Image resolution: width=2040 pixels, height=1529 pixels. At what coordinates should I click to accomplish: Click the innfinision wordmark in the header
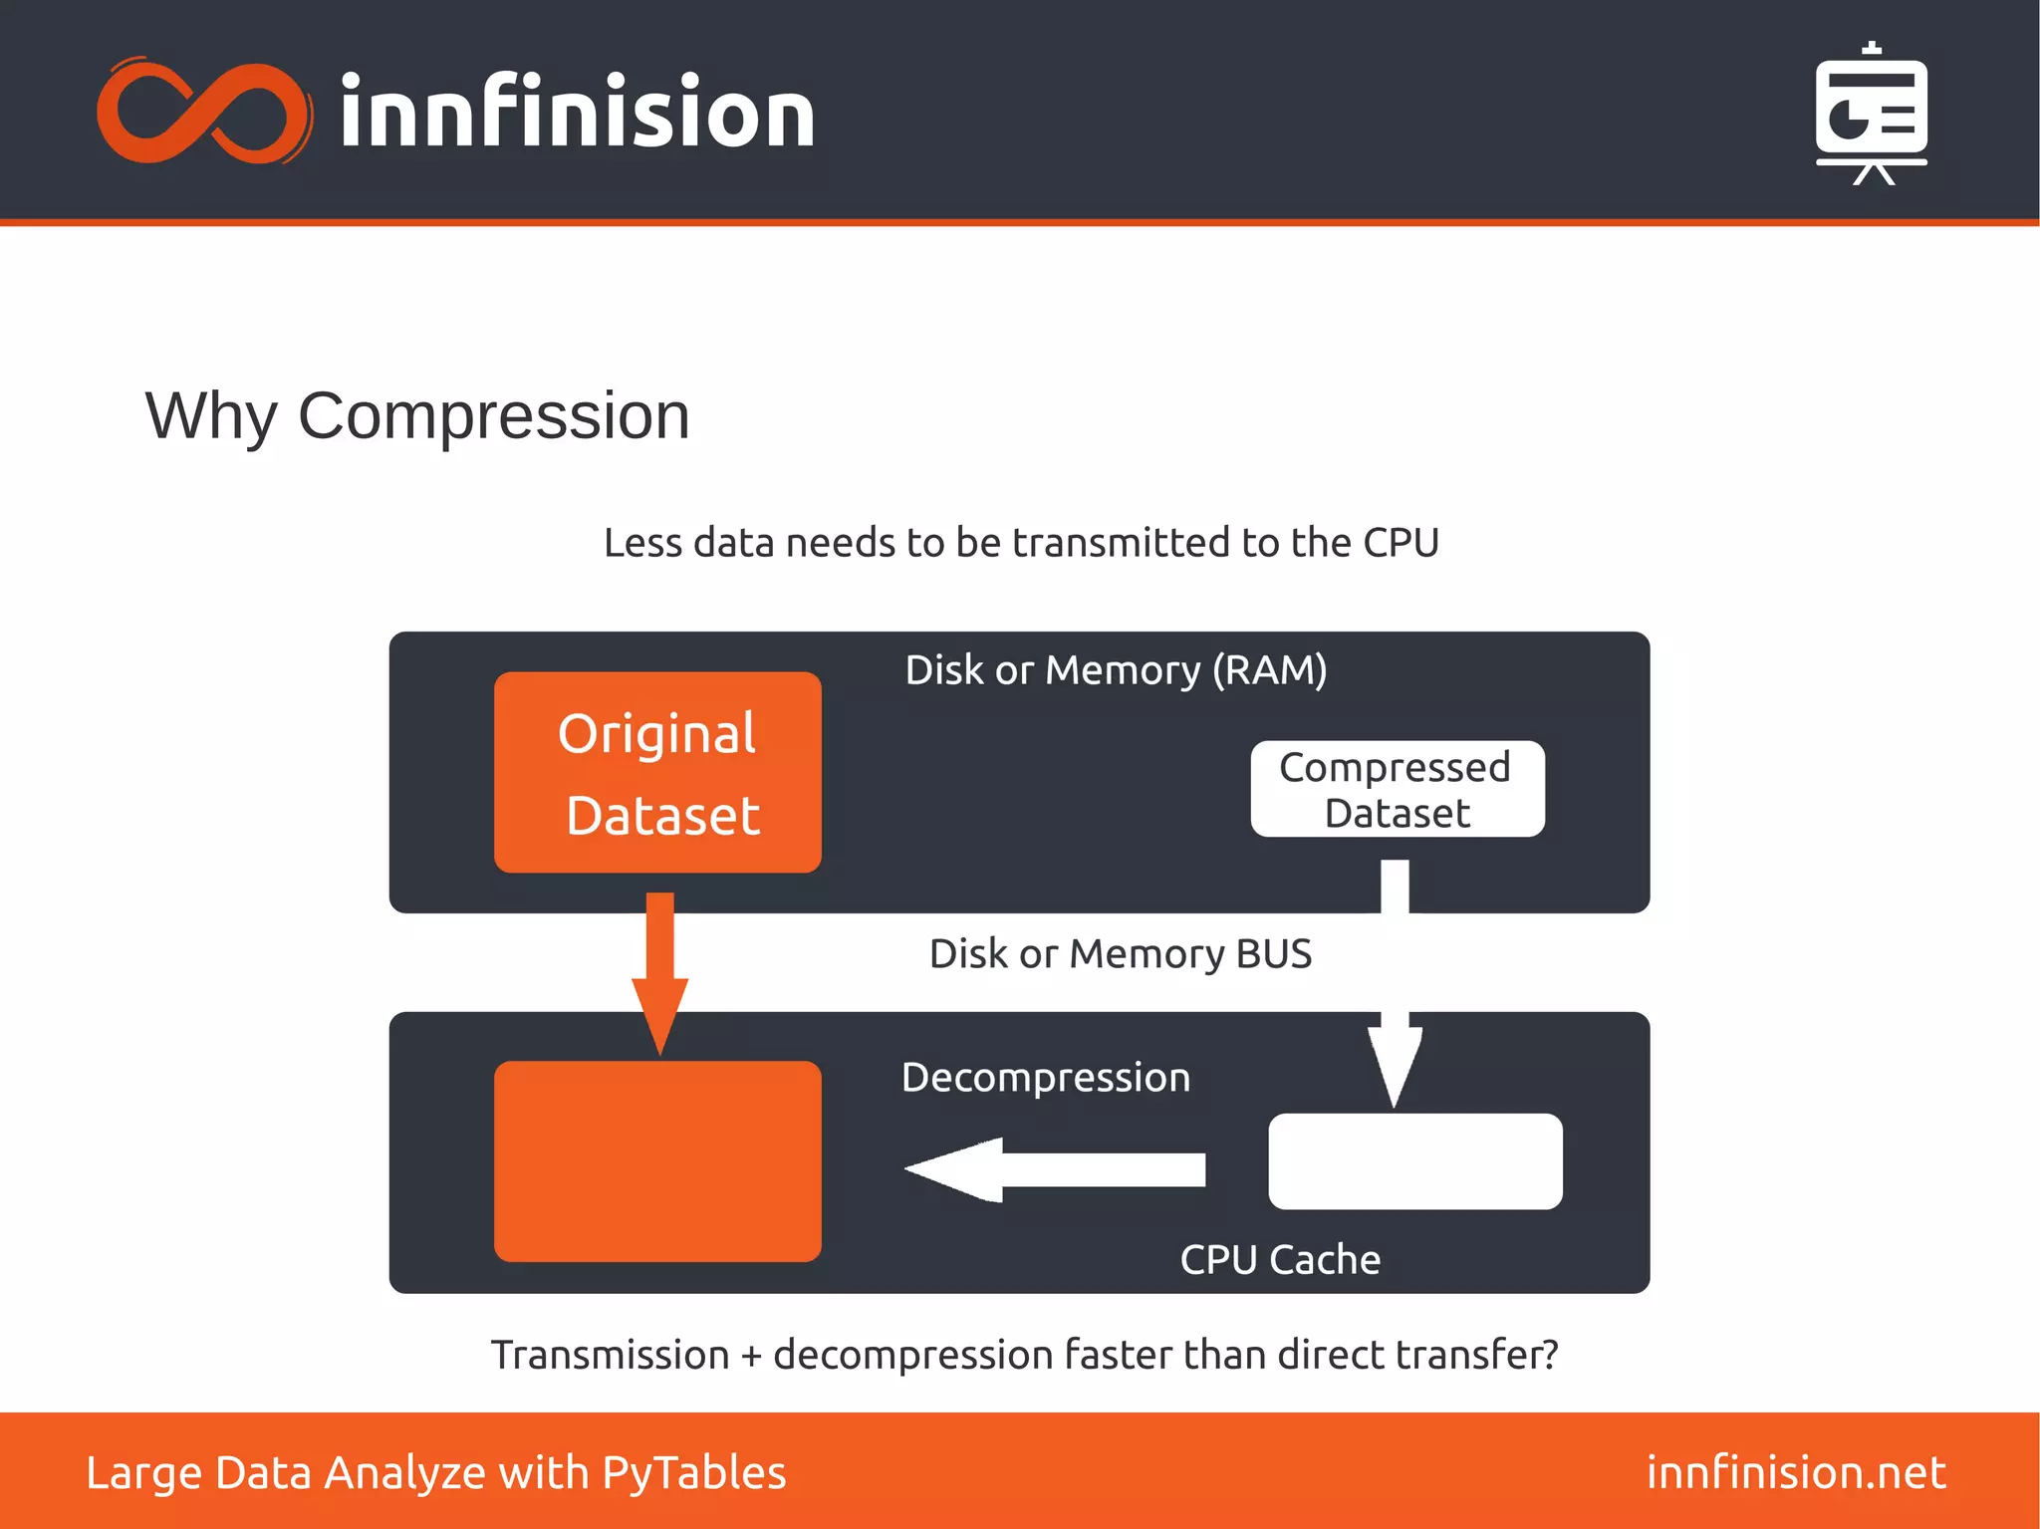(x=578, y=113)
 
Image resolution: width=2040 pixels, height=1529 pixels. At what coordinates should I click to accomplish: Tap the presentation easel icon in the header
(x=1871, y=115)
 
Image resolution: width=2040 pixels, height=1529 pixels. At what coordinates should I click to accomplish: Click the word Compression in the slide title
(x=493, y=415)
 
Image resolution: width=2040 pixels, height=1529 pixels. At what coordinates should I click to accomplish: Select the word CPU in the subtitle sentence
(x=1401, y=543)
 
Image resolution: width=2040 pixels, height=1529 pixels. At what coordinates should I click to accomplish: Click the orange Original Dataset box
(x=657, y=773)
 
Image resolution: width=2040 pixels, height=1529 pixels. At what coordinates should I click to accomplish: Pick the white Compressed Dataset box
(x=1397, y=789)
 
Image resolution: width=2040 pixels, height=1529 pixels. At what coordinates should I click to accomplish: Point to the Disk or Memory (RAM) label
(x=1116, y=670)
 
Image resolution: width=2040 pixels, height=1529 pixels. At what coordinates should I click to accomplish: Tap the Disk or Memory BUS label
(x=1120, y=954)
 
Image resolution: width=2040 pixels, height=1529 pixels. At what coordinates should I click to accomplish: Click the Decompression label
(x=1045, y=1078)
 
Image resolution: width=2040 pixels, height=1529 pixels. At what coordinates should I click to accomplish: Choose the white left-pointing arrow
(x=1056, y=1169)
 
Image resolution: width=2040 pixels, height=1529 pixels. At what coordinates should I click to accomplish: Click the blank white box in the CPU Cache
(x=1414, y=1161)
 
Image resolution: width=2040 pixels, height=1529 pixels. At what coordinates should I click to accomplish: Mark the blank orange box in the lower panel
(x=657, y=1161)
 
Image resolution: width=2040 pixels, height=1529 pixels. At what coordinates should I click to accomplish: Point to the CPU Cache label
(x=1280, y=1260)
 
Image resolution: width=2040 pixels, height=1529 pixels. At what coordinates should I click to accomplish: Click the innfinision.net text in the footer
(x=1795, y=1472)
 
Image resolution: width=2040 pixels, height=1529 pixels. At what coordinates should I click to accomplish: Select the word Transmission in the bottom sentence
(x=610, y=1356)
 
